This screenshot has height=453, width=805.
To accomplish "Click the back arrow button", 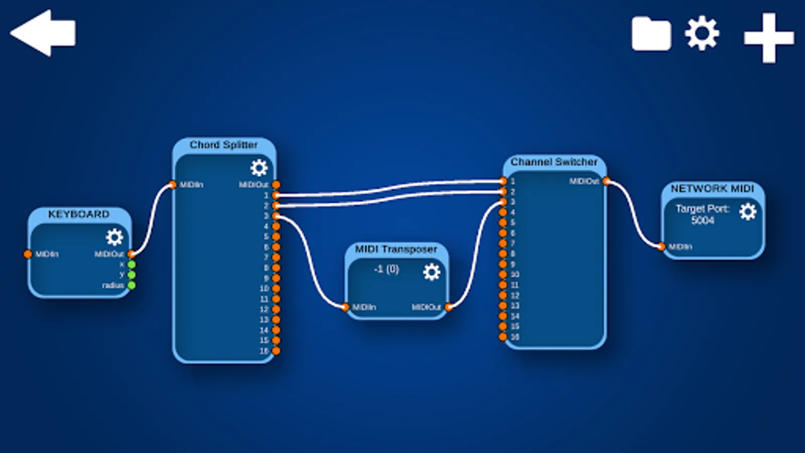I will tap(43, 33).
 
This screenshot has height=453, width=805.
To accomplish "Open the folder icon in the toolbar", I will tap(651, 34).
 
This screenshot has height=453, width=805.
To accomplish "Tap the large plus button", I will tap(769, 38).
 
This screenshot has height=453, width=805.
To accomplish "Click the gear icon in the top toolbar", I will tap(702, 33).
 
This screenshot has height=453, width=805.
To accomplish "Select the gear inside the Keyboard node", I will tap(114, 237).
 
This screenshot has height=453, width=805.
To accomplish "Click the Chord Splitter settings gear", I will tap(259, 168).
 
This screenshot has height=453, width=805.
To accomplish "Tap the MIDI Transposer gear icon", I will tap(431, 272).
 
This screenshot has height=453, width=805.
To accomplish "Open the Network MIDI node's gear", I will tap(748, 211).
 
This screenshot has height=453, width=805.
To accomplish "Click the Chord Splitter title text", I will tap(223, 145).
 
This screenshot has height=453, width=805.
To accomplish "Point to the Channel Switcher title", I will tap(554, 162).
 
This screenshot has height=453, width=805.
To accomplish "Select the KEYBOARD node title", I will tap(78, 214).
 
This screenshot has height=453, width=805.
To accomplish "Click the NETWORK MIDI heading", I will tap(712, 189).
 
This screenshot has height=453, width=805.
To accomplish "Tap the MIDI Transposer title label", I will tap(396, 249).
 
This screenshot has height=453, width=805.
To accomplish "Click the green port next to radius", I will tap(131, 285).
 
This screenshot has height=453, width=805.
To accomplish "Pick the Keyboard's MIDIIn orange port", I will tap(28, 254).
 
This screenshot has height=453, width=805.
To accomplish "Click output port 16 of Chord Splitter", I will tap(276, 351).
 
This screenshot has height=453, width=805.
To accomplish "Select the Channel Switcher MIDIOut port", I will tap(606, 181).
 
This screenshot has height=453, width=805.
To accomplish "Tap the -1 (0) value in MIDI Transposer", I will tap(386, 269).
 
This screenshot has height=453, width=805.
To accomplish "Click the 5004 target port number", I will tap(702, 220).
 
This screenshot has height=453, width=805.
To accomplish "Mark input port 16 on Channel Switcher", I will tap(503, 337).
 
